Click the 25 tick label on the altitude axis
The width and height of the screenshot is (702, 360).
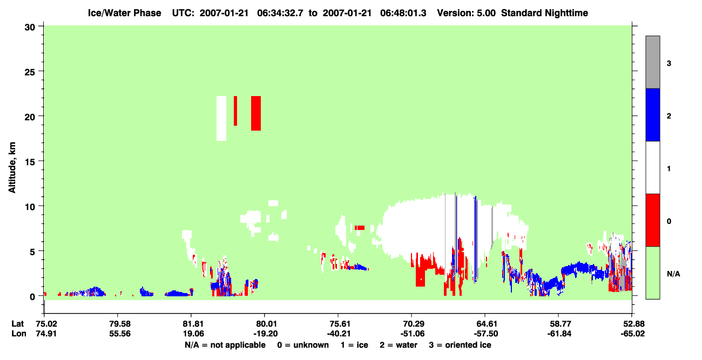(x=30, y=72)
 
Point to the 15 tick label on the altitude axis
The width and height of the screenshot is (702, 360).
(x=30, y=162)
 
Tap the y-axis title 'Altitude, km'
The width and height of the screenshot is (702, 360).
(x=12, y=168)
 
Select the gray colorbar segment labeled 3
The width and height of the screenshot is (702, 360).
(x=652, y=62)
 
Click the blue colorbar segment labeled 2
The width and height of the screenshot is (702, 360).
(x=652, y=114)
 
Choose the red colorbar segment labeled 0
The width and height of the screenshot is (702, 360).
(x=652, y=220)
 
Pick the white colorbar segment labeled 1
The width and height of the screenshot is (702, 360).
(x=652, y=168)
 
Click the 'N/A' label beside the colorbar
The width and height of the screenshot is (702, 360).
(x=673, y=274)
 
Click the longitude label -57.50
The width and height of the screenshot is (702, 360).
(x=486, y=334)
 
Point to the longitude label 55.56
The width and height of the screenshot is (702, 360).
(x=120, y=334)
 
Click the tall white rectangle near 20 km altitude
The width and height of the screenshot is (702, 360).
(x=221, y=118)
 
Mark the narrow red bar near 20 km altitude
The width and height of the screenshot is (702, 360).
(x=235, y=111)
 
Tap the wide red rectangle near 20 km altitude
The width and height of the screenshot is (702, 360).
(x=256, y=113)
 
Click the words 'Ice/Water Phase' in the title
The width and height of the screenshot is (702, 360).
(x=124, y=13)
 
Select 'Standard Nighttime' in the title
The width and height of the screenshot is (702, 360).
(x=544, y=13)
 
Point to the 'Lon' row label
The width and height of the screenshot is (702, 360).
(x=19, y=334)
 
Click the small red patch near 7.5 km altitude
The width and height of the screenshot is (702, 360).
(x=360, y=228)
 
